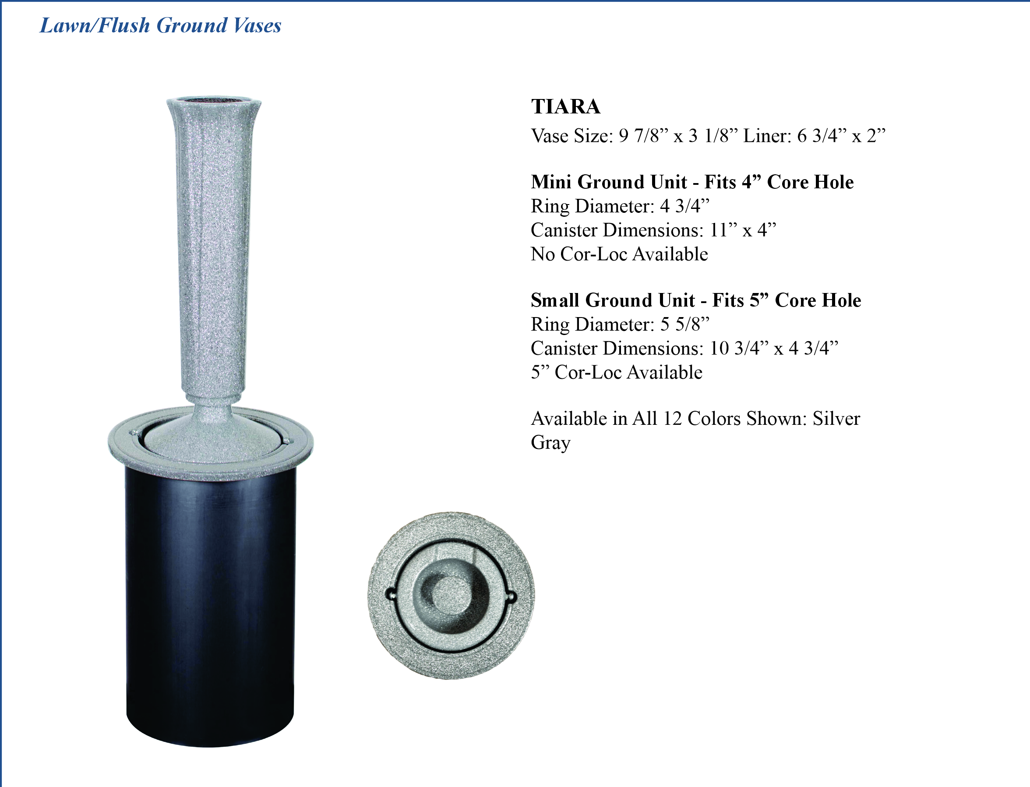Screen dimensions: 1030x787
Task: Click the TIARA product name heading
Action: click(x=565, y=106)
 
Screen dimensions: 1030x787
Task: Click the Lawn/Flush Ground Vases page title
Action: click(x=161, y=25)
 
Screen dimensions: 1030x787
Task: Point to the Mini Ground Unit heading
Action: click(x=692, y=182)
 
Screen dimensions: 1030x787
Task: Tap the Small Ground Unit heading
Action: click(x=696, y=300)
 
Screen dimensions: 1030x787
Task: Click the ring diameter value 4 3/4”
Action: click(x=685, y=206)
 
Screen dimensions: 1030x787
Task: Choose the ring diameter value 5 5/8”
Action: click(x=685, y=324)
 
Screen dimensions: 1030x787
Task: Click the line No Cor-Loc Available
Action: click(x=619, y=254)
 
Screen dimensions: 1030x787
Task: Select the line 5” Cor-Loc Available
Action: click(x=617, y=372)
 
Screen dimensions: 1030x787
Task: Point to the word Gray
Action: click(x=550, y=443)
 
